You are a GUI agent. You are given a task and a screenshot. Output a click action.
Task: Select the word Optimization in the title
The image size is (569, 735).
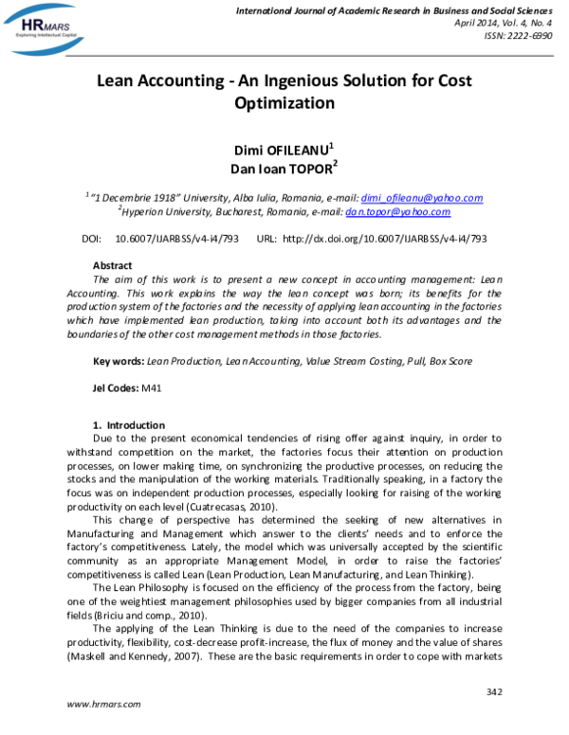point(284,103)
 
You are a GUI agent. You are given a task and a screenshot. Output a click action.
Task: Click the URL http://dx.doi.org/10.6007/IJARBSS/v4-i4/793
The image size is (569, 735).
point(385,239)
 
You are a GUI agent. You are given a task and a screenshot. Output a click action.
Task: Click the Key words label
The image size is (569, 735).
point(119,362)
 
